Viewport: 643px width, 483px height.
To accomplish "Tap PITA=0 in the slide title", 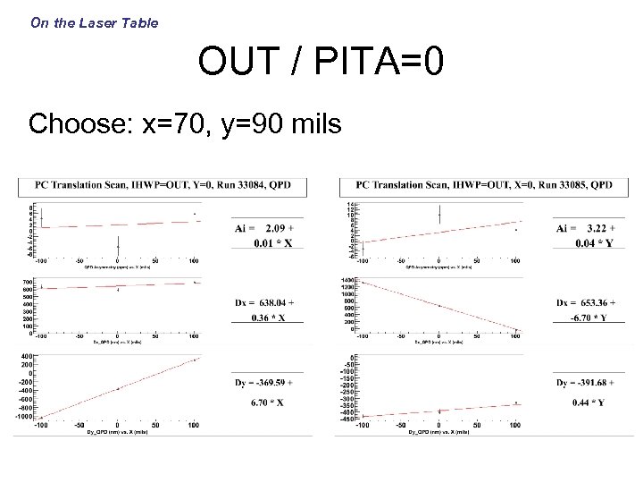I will (385, 64).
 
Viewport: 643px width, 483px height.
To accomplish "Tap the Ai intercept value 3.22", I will (596, 228).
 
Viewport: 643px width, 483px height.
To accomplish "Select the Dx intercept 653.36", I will (595, 301).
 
